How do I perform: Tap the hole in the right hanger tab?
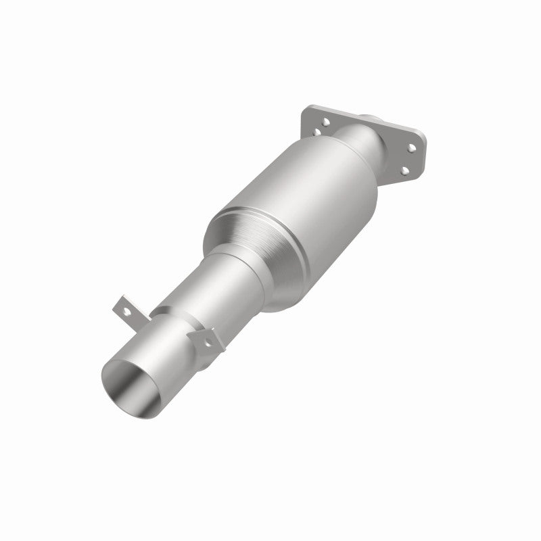coord(207,336)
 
